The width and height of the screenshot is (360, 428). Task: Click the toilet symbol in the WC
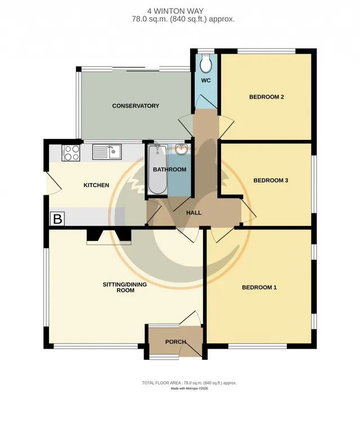pyautogui.click(x=205, y=63)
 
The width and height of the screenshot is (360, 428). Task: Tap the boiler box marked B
pyautogui.click(x=57, y=219)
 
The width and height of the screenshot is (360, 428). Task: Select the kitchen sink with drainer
pyautogui.click(x=107, y=151)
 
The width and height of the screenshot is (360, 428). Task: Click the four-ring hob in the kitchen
pyautogui.click(x=71, y=153)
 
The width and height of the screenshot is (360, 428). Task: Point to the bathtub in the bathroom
pyautogui.click(x=157, y=170)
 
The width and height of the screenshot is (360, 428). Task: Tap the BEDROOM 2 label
pyautogui.click(x=267, y=97)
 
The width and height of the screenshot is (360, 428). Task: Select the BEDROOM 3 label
pyautogui.click(x=271, y=180)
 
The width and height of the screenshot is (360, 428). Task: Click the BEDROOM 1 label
pyautogui.click(x=259, y=287)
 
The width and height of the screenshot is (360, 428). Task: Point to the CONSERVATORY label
pyautogui.click(x=136, y=106)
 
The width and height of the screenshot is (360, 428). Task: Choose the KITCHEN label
pyautogui.click(x=96, y=185)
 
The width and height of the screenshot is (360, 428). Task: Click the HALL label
pyautogui.click(x=194, y=213)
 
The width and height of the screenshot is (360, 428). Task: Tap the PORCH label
pyautogui.click(x=175, y=342)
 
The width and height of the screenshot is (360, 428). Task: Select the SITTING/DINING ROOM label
pyautogui.click(x=125, y=287)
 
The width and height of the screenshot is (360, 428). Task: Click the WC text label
pyautogui.click(x=206, y=81)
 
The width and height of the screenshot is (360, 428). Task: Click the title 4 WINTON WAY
pyautogui.click(x=175, y=11)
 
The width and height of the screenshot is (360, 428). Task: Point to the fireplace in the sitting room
pyautogui.click(x=109, y=237)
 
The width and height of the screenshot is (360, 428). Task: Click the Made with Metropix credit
pyautogui.click(x=189, y=389)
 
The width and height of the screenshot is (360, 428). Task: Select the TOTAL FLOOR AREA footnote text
pyautogui.click(x=189, y=383)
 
